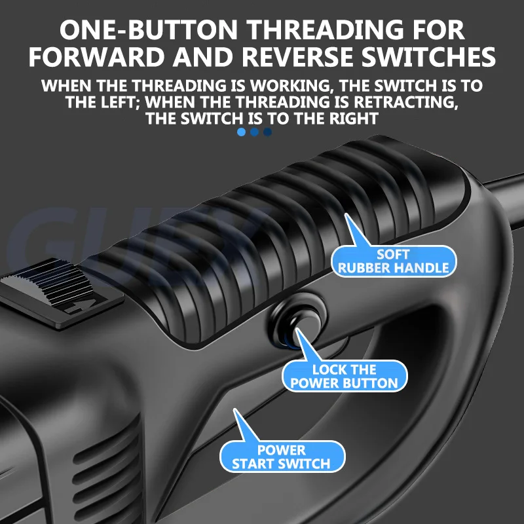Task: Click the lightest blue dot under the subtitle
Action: [241, 132]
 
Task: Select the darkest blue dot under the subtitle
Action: [267, 132]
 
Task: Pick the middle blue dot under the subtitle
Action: [254, 132]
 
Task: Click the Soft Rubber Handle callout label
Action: [394, 261]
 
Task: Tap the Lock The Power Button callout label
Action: [345, 377]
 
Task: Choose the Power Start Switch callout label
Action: [281, 457]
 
